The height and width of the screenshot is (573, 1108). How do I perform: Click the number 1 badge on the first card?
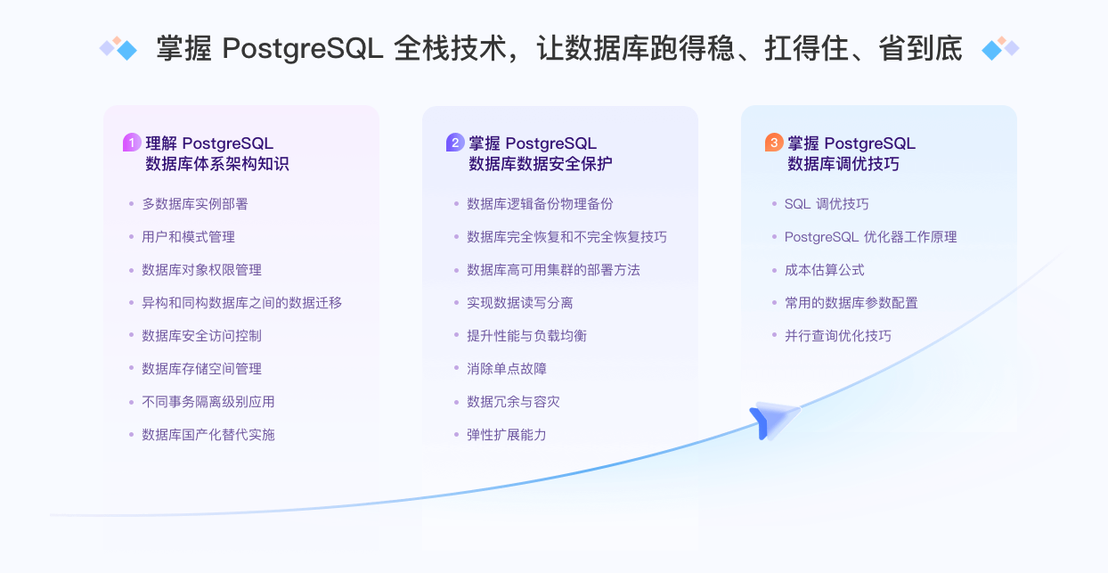(x=132, y=143)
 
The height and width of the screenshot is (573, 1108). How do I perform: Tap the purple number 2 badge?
(x=455, y=143)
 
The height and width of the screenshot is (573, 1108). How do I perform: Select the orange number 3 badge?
(x=774, y=143)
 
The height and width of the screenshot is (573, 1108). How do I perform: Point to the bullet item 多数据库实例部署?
(x=194, y=204)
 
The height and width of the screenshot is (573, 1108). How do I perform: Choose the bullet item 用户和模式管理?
(x=188, y=237)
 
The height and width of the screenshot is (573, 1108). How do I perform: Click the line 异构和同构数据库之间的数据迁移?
(x=241, y=303)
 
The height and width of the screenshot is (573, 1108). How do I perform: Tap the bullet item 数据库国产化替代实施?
(x=208, y=435)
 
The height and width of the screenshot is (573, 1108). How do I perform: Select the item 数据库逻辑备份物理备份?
(x=540, y=204)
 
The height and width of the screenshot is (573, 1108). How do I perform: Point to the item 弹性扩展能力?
(x=506, y=435)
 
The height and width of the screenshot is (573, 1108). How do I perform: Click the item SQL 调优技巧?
(x=826, y=204)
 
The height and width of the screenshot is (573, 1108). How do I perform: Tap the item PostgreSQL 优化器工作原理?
(x=870, y=237)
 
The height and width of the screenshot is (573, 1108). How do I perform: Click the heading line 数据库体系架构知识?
(x=216, y=164)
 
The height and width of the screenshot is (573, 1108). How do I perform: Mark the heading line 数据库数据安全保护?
(x=540, y=164)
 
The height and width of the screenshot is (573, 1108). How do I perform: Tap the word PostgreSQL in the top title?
(x=303, y=48)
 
